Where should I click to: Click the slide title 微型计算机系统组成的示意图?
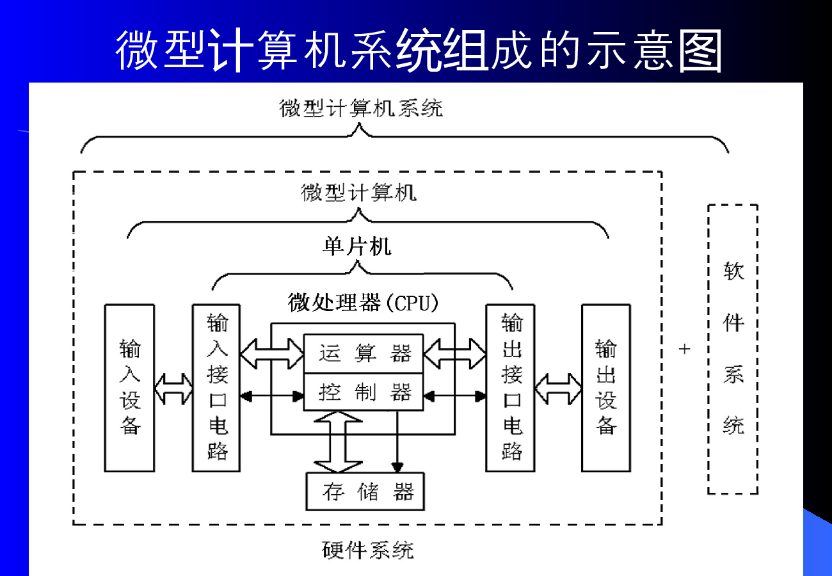coord(419,50)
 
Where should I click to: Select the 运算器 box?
coord(363,353)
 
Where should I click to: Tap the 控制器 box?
coord(363,392)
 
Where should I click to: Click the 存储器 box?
coord(365,492)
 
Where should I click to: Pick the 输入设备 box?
coord(130,388)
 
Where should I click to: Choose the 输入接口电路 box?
coord(217,388)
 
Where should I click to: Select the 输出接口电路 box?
coord(511,388)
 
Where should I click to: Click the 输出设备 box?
coord(605,388)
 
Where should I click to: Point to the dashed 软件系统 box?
coord(733,349)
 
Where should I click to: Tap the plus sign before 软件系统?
coord(685,349)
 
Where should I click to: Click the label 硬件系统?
coord(368,550)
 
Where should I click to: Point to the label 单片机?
coord(356,247)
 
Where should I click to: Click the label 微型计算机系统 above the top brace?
coord(361,108)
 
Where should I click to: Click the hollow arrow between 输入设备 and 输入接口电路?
coord(173,388)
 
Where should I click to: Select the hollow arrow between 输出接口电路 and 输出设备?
coord(558,388)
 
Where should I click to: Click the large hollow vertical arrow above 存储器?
coord(338,442)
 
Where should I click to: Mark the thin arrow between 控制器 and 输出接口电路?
coord(454,397)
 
